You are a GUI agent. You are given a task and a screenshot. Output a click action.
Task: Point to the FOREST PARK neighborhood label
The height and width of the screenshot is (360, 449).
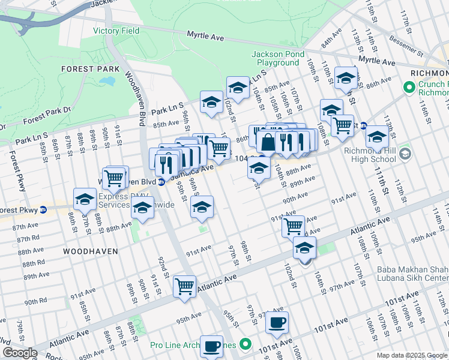tap(87, 69)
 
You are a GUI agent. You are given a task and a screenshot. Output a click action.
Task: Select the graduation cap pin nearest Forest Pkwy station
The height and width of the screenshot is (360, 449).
tap(85, 199)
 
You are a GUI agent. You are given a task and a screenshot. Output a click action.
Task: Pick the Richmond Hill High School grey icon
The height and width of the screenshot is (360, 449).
tap(405, 154)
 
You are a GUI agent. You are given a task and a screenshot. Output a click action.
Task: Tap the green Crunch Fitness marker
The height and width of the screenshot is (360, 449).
tap(410, 88)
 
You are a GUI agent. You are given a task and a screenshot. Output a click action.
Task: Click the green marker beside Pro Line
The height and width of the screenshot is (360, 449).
tap(245, 344)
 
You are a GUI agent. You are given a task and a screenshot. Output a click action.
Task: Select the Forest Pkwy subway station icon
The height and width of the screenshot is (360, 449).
tap(43, 210)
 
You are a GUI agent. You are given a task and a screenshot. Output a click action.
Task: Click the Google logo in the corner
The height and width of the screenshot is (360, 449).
tap(20, 353)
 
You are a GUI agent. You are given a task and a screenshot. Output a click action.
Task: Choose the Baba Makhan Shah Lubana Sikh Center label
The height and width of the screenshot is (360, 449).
tap(412, 274)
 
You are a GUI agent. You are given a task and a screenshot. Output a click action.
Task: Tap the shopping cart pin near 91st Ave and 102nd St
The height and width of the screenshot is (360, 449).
tap(293, 226)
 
